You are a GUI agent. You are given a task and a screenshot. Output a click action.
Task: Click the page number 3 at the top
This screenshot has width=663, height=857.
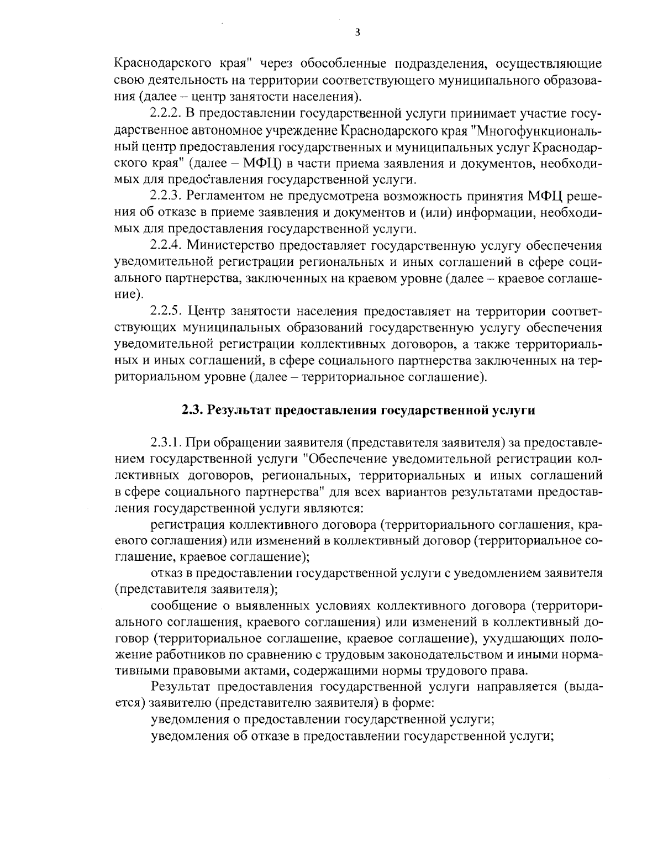click(357, 32)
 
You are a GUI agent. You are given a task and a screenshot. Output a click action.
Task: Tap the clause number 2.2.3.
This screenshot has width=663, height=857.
click(166, 196)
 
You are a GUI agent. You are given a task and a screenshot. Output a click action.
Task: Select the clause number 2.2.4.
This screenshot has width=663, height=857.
click(166, 245)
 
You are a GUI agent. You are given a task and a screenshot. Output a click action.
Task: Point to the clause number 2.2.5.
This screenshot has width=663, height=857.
click(166, 311)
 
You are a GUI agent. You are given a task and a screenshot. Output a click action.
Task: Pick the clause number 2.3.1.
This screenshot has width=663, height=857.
click(166, 443)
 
